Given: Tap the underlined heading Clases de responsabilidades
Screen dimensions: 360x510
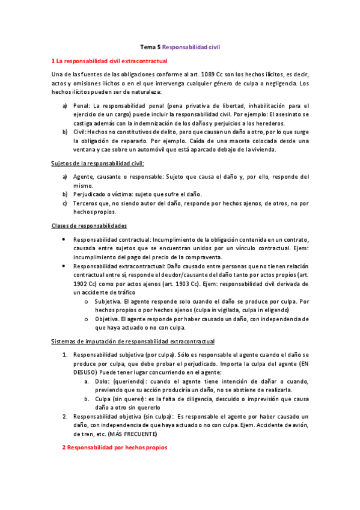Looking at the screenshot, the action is point(88,226).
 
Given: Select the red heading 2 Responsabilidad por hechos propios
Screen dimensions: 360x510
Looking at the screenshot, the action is point(114,447).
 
